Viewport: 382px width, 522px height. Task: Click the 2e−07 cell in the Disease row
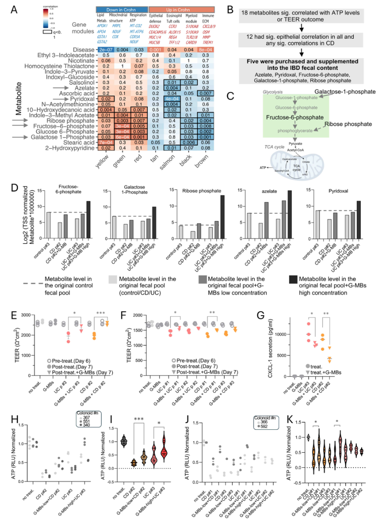(105, 50)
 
